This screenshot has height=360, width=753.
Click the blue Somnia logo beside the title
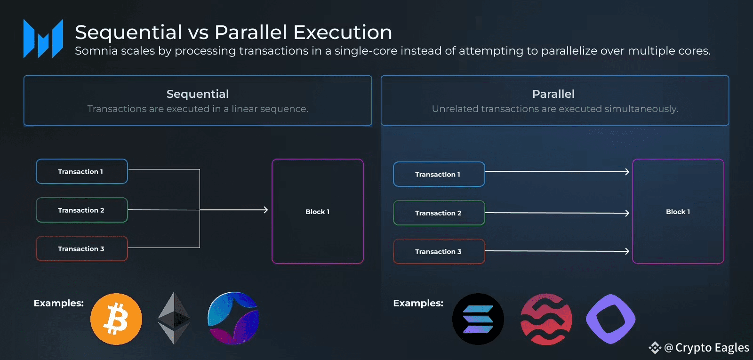43,38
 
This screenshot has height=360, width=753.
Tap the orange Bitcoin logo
116,319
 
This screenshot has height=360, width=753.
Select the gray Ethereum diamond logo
174,318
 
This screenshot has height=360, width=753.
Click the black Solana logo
478,319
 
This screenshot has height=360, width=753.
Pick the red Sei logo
546,319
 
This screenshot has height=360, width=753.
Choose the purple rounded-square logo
611,319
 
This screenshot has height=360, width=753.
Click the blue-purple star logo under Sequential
233,318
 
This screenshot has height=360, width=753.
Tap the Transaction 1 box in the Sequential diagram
82,171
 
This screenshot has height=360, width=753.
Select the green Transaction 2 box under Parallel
439,213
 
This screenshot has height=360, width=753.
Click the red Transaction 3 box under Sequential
82,249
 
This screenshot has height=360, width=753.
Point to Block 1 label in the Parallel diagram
678,212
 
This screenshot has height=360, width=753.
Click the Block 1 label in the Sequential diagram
317,212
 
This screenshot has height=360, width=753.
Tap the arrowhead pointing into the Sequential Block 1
266,210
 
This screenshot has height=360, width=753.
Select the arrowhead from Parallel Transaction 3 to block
627,251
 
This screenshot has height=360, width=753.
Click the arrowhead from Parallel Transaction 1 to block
627,172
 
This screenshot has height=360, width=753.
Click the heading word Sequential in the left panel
198,94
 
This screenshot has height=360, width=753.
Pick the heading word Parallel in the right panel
553,94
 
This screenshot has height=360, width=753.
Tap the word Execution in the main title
343,32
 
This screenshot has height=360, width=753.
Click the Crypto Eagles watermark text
712,348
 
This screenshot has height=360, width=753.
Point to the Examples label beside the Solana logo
418,303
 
